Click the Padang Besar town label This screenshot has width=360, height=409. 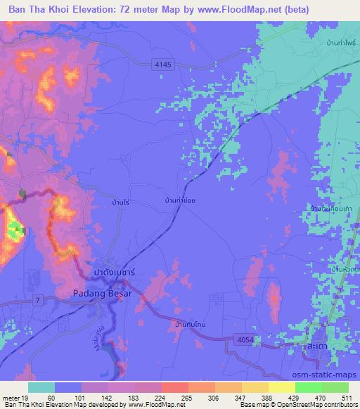[103, 295]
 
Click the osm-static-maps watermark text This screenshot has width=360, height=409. [330, 374]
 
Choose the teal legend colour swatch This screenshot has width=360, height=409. [42, 387]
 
